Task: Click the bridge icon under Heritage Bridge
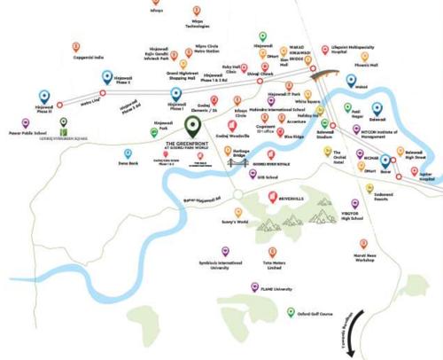tap(237, 162)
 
